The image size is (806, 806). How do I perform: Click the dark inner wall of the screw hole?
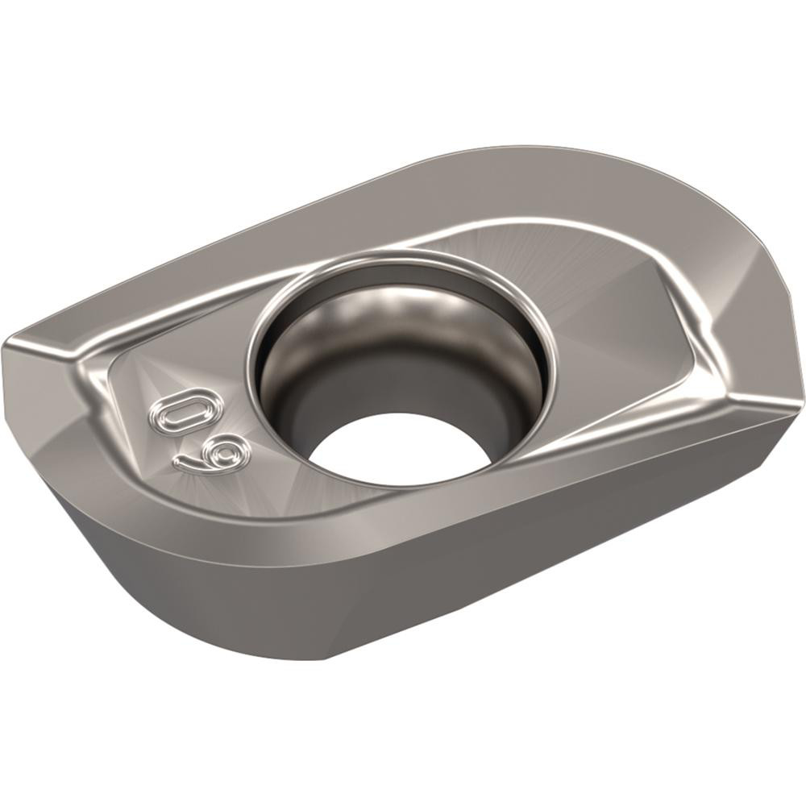(306, 403)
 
